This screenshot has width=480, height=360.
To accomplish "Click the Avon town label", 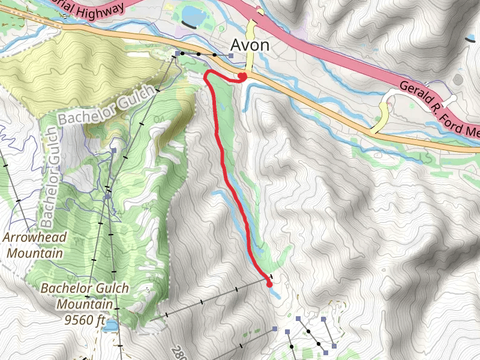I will (250, 46).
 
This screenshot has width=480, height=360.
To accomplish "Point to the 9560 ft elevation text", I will (86, 319).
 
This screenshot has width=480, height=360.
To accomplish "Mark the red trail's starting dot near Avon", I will (242, 76).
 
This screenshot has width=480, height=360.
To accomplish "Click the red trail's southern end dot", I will (269, 284).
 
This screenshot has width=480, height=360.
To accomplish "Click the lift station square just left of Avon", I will (231, 56).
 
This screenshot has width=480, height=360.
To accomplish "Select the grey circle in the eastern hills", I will (458, 79).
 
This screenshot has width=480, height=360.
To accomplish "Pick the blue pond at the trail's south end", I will (275, 293).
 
